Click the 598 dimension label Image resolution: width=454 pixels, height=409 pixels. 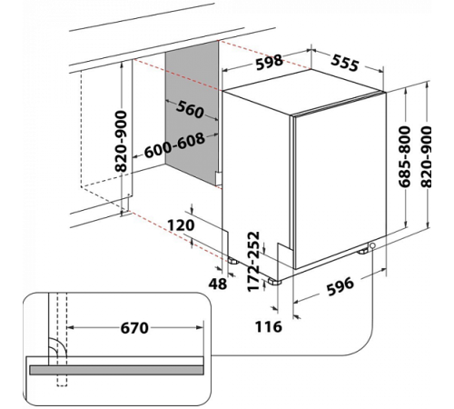(x=270, y=62)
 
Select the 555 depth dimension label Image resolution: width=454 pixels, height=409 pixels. (x=345, y=63)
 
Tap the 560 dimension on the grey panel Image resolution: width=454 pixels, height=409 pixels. (x=190, y=109)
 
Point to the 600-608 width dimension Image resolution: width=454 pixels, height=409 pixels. (x=174, y=145)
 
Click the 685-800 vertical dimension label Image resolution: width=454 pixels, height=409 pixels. (x=404, y=156)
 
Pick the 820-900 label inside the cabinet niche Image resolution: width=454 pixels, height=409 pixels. (x=121, y=141)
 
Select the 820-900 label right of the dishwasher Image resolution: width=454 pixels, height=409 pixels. (x=426, y=156)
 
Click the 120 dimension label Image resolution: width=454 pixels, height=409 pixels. (x=181, y=225)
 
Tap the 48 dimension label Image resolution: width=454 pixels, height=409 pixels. (x=218, y=284)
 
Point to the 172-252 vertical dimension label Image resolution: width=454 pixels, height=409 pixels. (x=253, y=262)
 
